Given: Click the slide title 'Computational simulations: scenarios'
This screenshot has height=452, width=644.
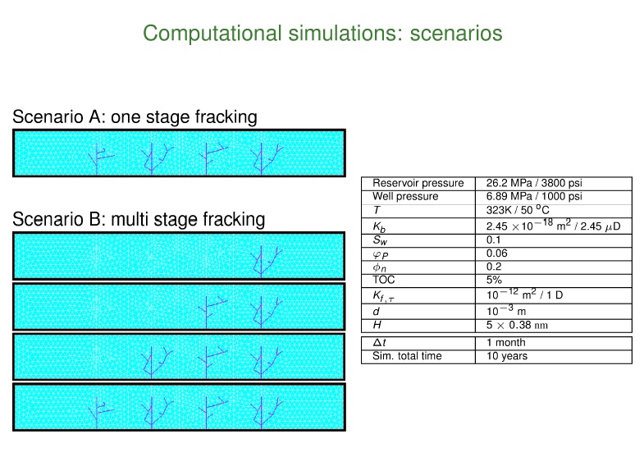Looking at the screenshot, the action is [x=322, y=34].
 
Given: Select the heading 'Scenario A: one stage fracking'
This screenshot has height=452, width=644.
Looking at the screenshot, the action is [x=135, y=117].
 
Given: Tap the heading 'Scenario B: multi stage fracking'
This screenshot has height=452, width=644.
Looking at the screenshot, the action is [x=139, y=219].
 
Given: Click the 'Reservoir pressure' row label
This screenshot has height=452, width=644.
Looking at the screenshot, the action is [x=418, y=183].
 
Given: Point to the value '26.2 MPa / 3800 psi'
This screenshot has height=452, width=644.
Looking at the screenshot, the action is [x=534, y=183].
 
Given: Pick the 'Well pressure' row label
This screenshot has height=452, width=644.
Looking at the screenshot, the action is [x=405, y=196].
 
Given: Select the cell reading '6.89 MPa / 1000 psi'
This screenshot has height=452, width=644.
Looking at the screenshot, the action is [x=534, y=196].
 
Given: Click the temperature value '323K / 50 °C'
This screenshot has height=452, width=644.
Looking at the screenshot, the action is [x=518, y=210].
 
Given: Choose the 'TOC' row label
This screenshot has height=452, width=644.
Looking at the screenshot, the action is [x=384, y=280].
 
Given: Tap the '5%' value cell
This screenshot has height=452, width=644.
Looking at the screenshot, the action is [x=494, y=280].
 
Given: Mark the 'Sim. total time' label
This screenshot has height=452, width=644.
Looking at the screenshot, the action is [x=407, y=356].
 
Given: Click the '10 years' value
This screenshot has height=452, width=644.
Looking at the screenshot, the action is [x=507, y=356].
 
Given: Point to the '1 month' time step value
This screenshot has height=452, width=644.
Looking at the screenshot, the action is [x=506, y=342].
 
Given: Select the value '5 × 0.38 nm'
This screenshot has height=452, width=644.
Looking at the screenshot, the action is [x=517, y=325].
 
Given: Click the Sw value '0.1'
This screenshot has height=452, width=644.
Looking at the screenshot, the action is [x=493, y=240].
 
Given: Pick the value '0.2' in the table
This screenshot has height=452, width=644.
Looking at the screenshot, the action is [x=494, y=267].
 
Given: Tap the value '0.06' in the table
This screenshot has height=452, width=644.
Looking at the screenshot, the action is [x=496, y=253].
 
